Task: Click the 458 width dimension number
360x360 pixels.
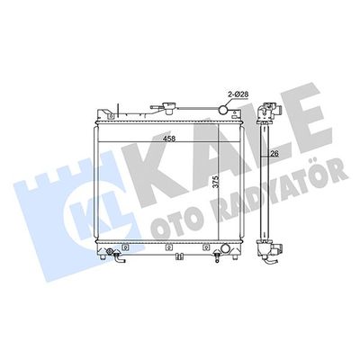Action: coord(169,139)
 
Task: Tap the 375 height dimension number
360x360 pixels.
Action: coord(215,182)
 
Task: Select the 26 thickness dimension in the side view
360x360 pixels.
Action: coord(274,153)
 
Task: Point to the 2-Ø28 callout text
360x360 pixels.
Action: coord(238,94)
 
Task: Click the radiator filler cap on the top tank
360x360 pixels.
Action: coord(168,108)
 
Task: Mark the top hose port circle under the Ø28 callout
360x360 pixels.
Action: coord(223,110)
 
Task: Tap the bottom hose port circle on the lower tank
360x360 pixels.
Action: coord(225,248)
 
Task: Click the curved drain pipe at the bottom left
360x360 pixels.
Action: coord(119,258)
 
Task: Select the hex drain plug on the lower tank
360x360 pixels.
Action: coord(109,251)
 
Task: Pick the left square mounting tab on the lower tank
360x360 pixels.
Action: coord(126,247)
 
